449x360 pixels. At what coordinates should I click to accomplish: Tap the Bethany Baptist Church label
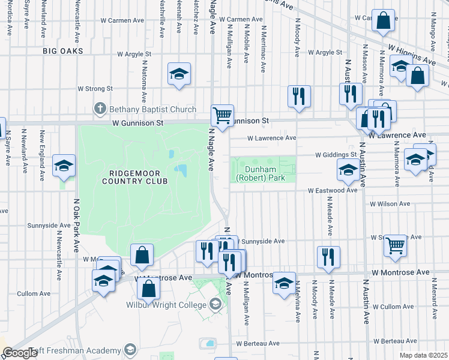point(152,109)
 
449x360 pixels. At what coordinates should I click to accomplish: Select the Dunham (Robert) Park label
point(264,173)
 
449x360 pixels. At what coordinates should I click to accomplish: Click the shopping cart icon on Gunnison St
point(222,114)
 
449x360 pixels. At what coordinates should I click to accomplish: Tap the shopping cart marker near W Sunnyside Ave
point(395,245)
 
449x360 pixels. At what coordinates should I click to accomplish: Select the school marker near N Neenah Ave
point(178,74)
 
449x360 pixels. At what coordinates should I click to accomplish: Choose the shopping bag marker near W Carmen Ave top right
point(383,20)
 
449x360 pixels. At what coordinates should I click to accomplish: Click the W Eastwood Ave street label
point(333,190)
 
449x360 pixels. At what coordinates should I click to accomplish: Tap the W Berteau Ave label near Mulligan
point(258,343)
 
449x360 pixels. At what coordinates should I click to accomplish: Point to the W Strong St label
point(95,89)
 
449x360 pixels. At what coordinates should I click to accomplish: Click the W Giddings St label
point(337,154)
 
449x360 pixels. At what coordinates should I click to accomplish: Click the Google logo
point(19,353)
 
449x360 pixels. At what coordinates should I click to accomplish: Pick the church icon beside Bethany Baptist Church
point(100,109)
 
